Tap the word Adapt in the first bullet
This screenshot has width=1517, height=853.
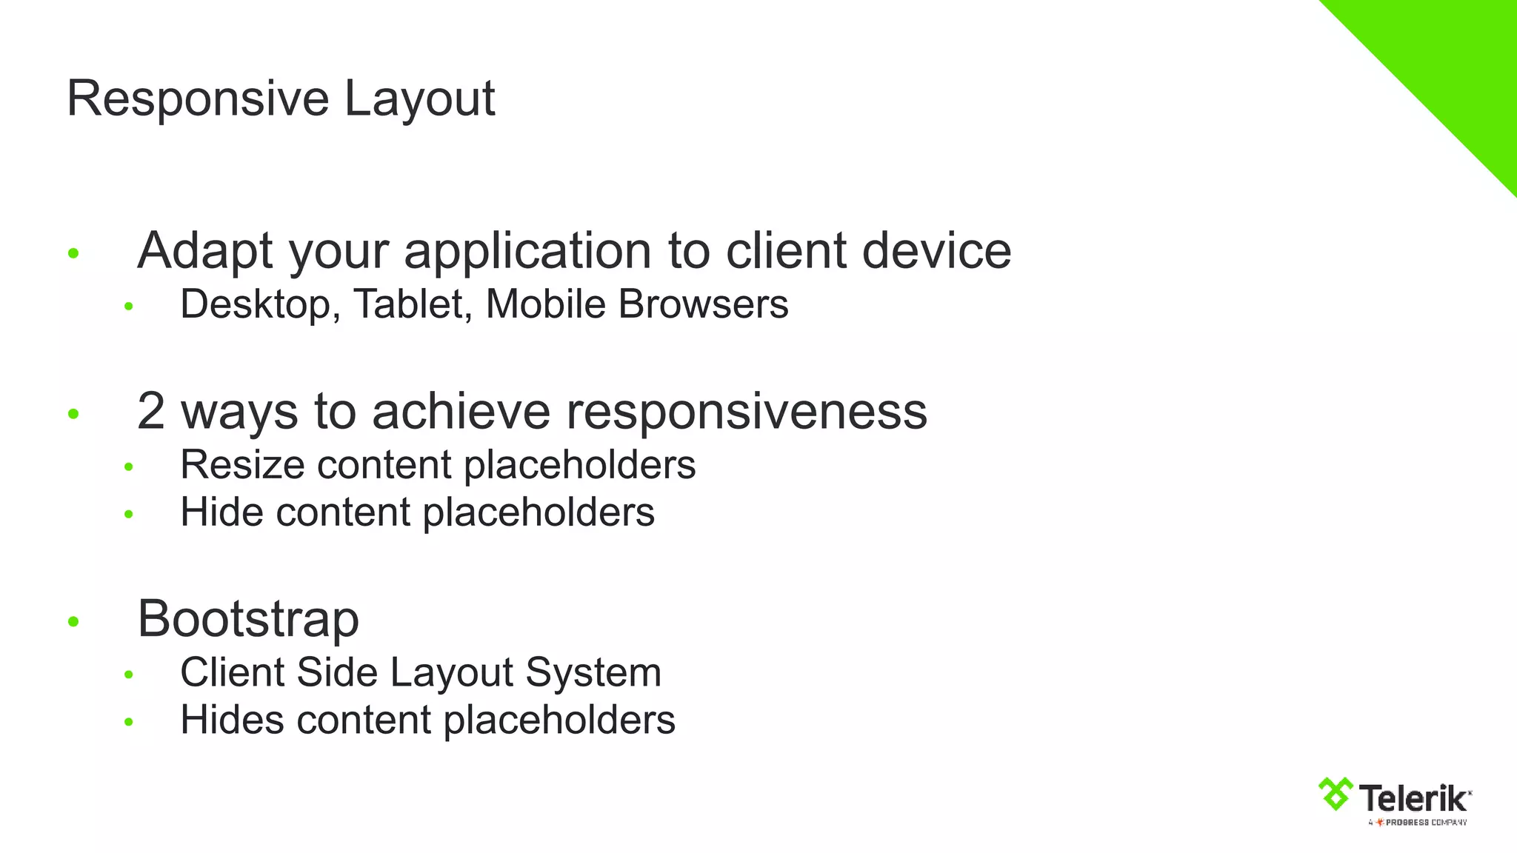tap(205, 252)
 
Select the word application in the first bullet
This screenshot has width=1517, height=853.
tap(527, 252)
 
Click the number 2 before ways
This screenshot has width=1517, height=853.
tap(151, 411)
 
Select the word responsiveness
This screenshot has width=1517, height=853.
tap(747, 411)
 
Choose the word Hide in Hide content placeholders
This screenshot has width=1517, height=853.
tap(221, 512)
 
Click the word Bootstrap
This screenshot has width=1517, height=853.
tap(248, 619)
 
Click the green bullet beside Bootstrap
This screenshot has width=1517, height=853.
tap(73, 621)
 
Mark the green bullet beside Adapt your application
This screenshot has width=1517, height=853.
tap(73, 253)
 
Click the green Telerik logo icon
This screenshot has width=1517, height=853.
tap(1336, 794)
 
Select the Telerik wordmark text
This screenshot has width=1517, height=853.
tap(1413, 798)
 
